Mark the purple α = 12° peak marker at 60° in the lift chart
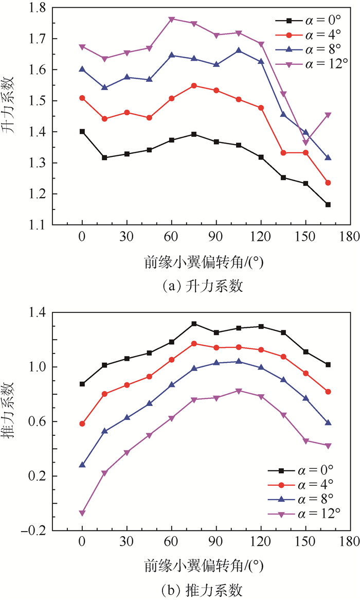click(x=172, y=19)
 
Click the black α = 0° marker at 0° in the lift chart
click(x=82, y=131)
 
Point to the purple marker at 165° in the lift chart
click(x=328, y=115)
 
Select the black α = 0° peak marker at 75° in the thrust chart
click(x=194, y=324)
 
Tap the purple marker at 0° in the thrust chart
click(x=82, y=513)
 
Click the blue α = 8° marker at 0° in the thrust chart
click(x=82, y=465)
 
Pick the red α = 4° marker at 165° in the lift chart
click(x=328, y=183)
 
